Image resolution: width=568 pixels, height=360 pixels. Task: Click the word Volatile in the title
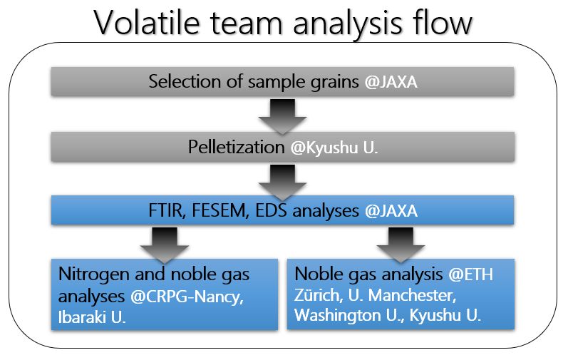coord(147,22)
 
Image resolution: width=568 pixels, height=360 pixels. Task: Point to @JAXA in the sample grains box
coord(391,82)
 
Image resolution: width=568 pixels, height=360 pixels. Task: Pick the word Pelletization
coord(236,147)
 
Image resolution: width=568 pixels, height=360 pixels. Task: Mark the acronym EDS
coord(271,210)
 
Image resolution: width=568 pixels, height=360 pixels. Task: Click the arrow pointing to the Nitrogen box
coord(165,245)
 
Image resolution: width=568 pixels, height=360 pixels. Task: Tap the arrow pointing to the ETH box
coord(401,245)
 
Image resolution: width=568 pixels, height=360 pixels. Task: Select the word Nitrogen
coord(94,275)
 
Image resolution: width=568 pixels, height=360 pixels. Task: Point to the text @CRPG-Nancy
coord(187,297)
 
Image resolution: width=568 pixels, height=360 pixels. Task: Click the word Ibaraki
coord(82,317)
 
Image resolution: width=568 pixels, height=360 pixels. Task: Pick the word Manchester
coord(412,295)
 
